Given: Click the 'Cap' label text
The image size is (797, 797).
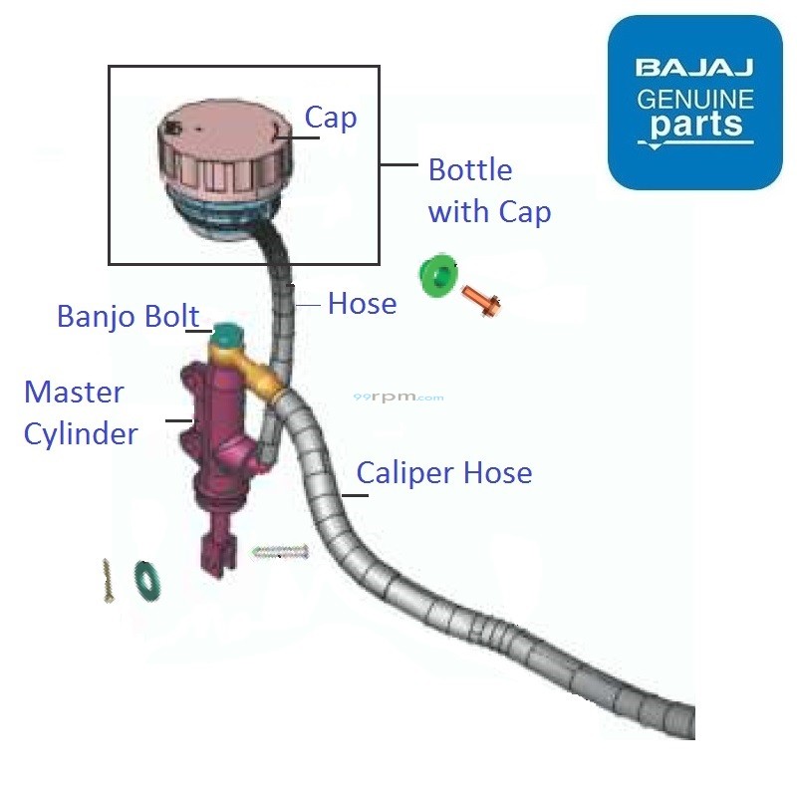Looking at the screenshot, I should coord(330,118).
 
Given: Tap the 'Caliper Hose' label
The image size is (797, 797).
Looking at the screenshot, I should coord(443,472).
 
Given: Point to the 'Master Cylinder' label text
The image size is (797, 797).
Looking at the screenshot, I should coord(80,412).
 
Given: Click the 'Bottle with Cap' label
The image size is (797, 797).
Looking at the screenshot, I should coord(488,190).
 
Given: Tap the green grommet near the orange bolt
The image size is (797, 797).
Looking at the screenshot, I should coord(437,275).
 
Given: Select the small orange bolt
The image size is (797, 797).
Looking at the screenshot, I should coord(480,298).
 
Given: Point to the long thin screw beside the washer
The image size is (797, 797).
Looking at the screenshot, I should coord(108,579).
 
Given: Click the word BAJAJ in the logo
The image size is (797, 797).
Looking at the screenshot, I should coord(694,69).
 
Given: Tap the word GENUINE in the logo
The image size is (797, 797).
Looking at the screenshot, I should coord(694,99).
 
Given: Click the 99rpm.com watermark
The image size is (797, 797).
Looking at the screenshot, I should coord(398,397).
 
